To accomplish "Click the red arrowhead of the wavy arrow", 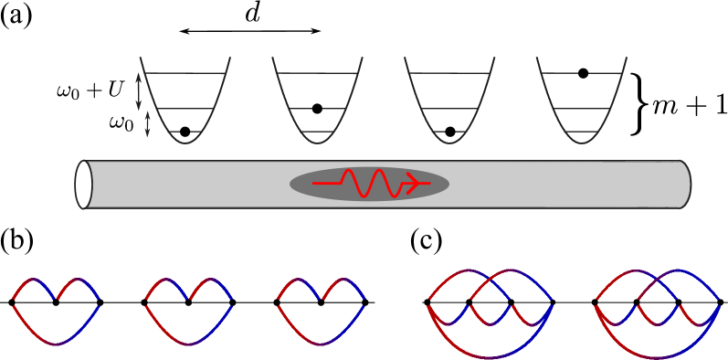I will pyautogui.click(x=413, y=184).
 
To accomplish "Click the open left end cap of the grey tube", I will pyautogui.click(x=83, y=185).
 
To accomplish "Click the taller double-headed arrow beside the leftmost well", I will pyautogui.click(x=139, y=91).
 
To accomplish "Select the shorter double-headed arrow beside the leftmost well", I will pyautogui.click(x=148, y=124).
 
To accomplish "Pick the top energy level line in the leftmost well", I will pyautogui.click(x=185, y=73).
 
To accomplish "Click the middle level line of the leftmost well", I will pyautogui.click(x=185, y=109).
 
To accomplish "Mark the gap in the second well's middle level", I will pyautogui.click(x=317, y=109).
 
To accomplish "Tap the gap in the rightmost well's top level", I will pyautogui.click(x=583, y=73).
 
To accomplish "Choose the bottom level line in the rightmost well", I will pyautogui.click(x=582, y=132).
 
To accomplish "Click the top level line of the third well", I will pyautogui.click(x=449, y=73).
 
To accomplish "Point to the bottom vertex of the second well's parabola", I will pyautogui.click(x=317, y=143).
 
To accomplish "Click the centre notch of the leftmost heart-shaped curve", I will pyautogui.click(x=57, y=299).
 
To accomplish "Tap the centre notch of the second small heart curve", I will pyautogui.click(x=189, y=299).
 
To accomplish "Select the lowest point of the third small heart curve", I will pyautogui.click(x=322, y=344).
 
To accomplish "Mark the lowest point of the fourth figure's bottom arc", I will pyautogui.click(x=491, y=357).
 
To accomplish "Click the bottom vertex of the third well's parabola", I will pyautogui.click(x=449, y=143).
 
